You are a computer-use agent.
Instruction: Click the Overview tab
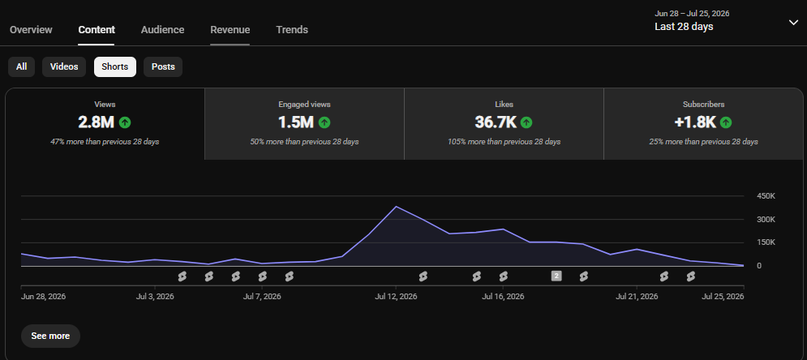tap(31, 30)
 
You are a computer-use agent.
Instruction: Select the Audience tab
tap(163, 30)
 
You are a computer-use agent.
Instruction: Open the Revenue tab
tap(230, 30)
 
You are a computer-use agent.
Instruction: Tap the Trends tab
tap(292, 30)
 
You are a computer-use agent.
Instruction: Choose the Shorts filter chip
tap(115, 66)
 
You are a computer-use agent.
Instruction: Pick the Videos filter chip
tap(64, 66)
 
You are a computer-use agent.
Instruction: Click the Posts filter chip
tap(163, 66)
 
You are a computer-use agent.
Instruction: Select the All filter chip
tap(22, 66)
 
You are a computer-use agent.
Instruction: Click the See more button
tap(50, 336)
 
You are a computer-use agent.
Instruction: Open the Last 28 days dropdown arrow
tap(793, 23)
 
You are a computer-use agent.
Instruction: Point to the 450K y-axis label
tap(766, 196)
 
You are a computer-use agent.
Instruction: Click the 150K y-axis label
tap(766, 242)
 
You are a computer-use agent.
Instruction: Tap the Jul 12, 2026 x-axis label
tap(396, 297)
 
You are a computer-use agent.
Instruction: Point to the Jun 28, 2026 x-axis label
tap(43, 297)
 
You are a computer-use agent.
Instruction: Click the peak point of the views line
tap(396, 206)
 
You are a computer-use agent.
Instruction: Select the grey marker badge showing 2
tap(556, 276)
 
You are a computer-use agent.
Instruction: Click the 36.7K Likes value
tap(496, 122)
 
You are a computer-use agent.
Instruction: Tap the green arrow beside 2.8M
tap(125, 122)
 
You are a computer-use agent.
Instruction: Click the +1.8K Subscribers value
tap(695, 122)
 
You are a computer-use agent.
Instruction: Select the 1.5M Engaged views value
tap(296, 122)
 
